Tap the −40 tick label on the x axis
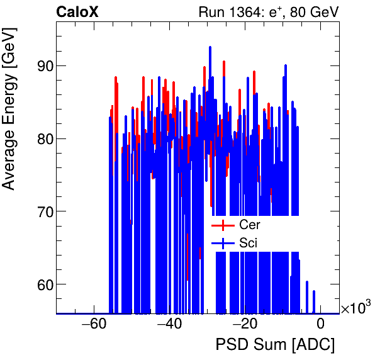[x=169, y=324]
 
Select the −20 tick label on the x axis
[x=245, y=324]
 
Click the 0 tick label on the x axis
[x=320, y=324]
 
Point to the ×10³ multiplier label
[x=355, y=308]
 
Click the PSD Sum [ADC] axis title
[x=275, y=346]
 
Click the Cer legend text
[x=250, y=225]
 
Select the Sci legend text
[x=249, y=242]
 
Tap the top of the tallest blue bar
[x=210, y=47]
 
